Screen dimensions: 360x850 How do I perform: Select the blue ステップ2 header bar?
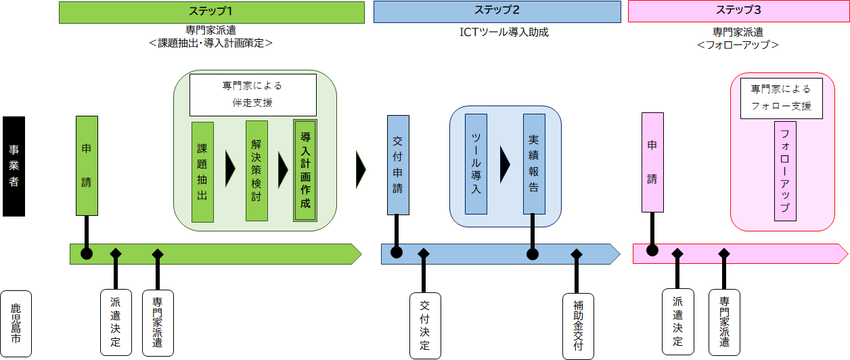click(497, 12)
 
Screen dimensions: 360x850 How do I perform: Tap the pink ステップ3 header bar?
click(738, 12)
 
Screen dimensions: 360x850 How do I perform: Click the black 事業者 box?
click(14, 166)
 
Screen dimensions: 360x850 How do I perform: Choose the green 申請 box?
click(87, 165)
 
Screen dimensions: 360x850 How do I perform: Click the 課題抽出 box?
click(202, 172)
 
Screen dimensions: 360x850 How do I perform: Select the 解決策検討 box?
click(256, 171)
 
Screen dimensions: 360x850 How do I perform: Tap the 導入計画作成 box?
click(305, 171)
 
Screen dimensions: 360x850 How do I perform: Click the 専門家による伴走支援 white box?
click(253, 95)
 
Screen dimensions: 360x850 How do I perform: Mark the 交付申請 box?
click(398, 165)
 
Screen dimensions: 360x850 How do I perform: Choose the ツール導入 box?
click(476, 164)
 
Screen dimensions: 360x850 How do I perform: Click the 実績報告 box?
click(534, 164)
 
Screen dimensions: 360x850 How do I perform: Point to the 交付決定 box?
click(425, 325)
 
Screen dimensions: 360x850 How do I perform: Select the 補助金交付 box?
click(578, 325)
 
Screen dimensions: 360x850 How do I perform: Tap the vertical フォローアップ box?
click(785, 171)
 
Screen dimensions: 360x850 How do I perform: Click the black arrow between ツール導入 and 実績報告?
click(505, 164)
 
